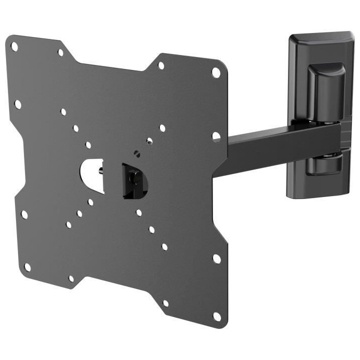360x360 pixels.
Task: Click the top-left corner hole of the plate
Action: [14, 47]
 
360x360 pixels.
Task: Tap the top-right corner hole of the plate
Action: [216, 72]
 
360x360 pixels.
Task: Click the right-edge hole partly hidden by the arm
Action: [216, 136]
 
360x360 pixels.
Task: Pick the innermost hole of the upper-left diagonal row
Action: [88, 145]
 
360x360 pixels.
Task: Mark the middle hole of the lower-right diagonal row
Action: [151, 229]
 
